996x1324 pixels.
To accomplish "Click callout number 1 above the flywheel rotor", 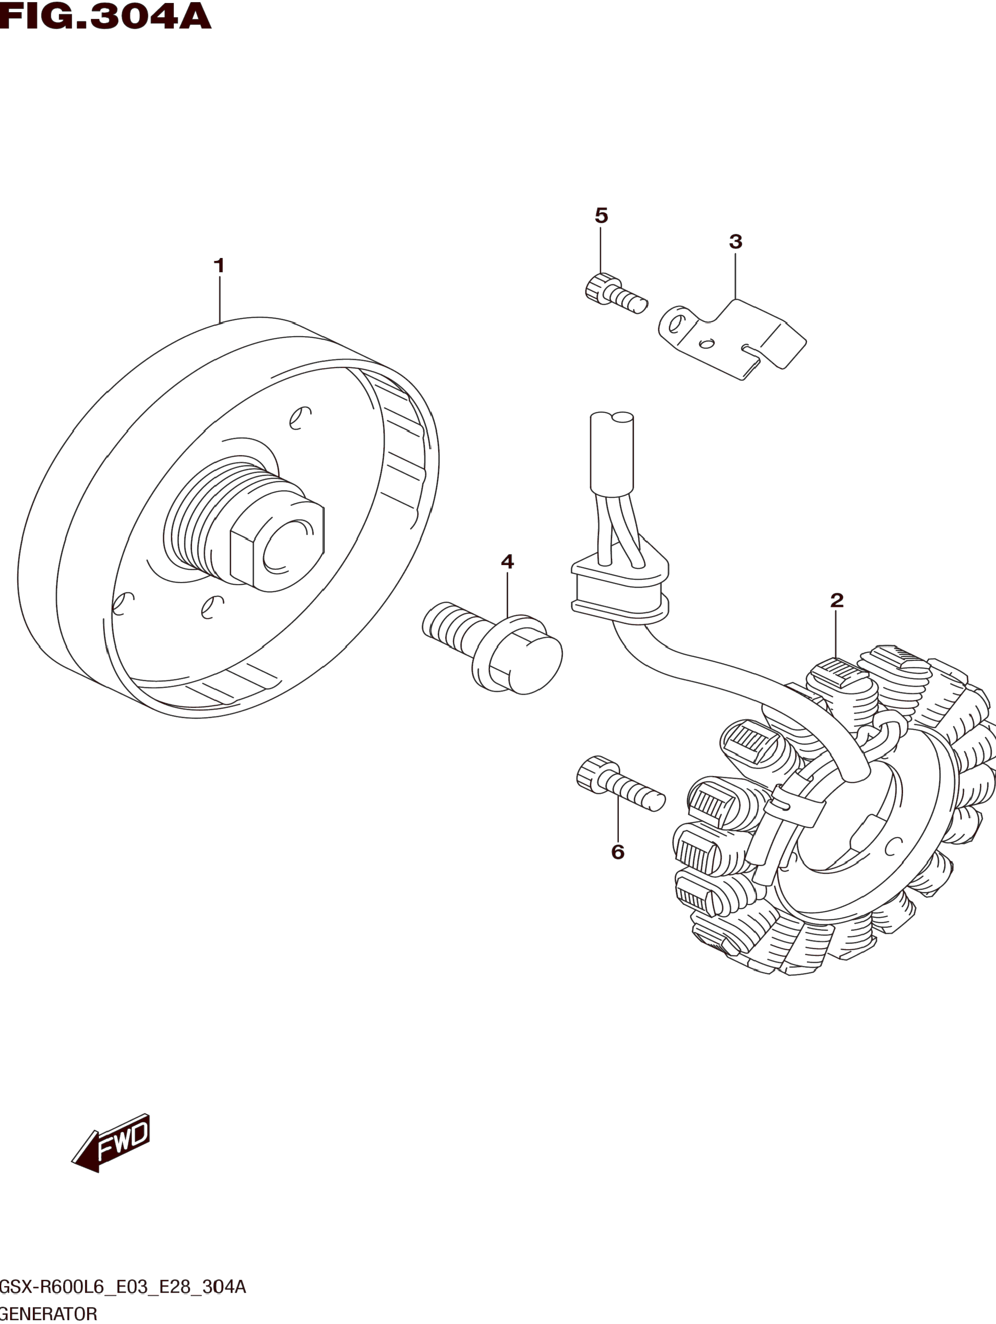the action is [219, 266].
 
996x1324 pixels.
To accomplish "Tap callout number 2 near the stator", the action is [837, 600].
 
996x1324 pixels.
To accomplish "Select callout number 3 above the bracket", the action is [736, 242].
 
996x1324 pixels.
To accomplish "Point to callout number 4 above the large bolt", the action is [507, 561].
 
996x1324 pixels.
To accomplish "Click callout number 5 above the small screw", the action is [601, 215].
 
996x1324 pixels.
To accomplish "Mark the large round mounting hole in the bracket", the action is [675, 324].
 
